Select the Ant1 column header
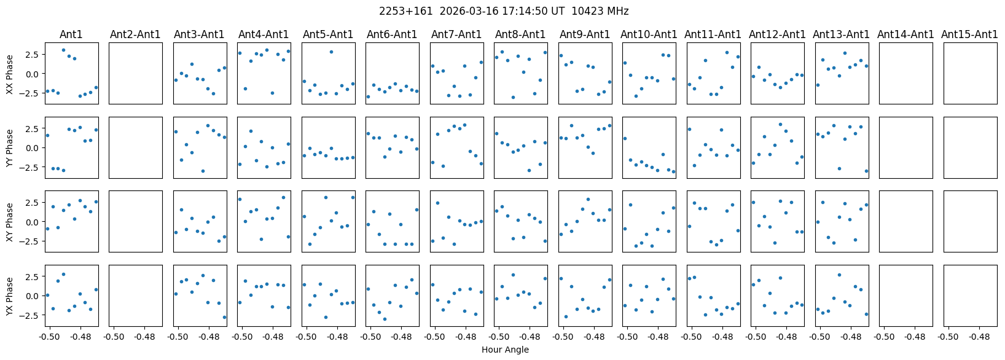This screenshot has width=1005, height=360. [x=71, y=34]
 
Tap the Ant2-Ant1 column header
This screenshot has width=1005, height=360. [x=135, y=34]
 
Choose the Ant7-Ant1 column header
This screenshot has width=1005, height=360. [x=456, y=34]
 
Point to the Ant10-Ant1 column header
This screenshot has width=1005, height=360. [x=649, y=34]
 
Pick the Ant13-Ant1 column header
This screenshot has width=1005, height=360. [x=841, y=34]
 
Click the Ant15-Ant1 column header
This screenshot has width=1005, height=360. [x=969, y=34]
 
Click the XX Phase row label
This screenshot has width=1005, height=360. [x=10, y=74]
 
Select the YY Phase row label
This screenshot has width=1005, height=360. [x=10, y=147]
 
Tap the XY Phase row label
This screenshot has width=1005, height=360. [x=10, y=222]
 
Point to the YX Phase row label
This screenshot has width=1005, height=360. [x=10, y=296]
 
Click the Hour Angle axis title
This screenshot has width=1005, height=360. [x=505, y=350]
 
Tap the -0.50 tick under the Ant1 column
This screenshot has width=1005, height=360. [x=49, y=337]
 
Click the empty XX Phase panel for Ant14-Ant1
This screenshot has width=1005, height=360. [x=905, y=73]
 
